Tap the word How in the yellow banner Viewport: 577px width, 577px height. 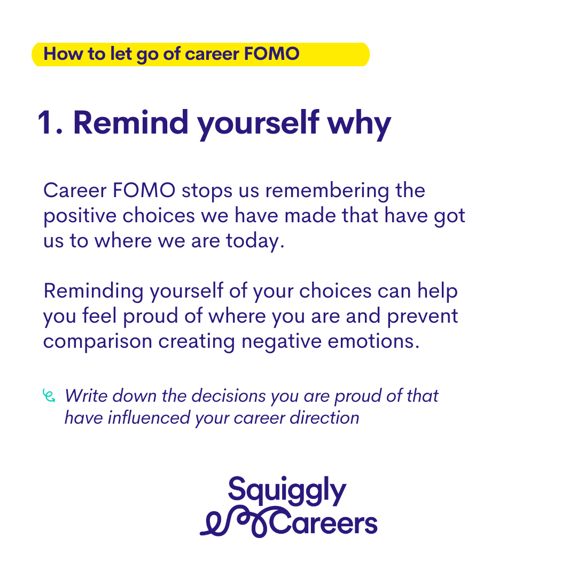point(63,54)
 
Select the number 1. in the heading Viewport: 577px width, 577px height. point(50,123)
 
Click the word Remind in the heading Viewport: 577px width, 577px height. point(131,122)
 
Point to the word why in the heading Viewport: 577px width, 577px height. point(359,125)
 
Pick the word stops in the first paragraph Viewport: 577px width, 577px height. point(207,192)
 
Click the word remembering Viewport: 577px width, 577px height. point(327,192)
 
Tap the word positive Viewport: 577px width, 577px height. point(80,217)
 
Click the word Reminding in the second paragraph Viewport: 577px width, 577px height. point(93,292)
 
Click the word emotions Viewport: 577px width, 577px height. point(373,342)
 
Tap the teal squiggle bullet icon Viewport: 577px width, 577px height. point(49,396)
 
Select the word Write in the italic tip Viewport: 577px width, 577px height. point(86,396)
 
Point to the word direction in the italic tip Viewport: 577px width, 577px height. point(324,418)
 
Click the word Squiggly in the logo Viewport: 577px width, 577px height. point(287,492)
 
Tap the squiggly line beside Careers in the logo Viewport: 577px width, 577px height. point(236,522)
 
